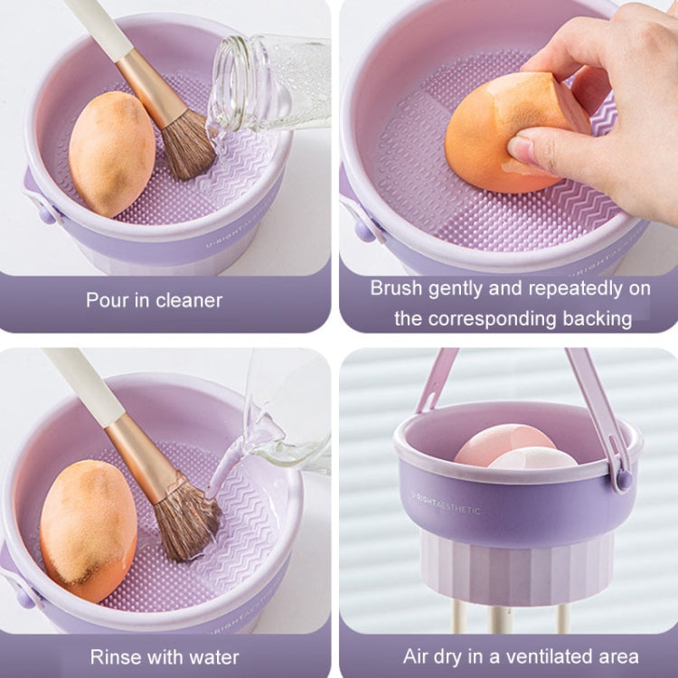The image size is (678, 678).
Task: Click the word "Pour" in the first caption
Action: pos(107,300)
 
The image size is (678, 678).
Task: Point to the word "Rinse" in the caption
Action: pos(114,656)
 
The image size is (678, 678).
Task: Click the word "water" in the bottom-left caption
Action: pos(213,656)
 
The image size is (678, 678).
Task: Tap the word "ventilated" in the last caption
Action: pos(532,656)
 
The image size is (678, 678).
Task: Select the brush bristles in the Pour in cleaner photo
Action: pos(188,145)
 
